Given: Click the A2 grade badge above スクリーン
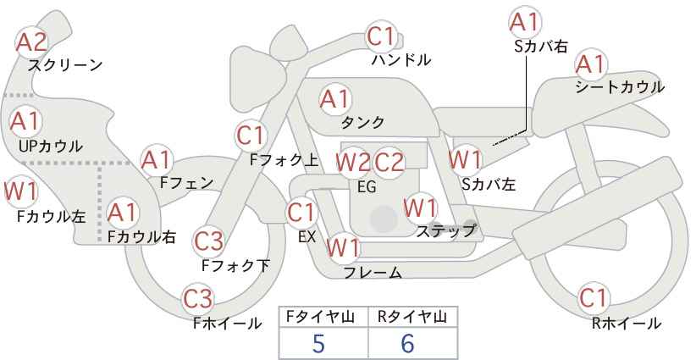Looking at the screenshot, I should (x=32, y=42).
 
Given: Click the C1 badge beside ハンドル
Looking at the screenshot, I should (x=382, y=36).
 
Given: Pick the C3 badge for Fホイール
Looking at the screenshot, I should (x=198, y=299).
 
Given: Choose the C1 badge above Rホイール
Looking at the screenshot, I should (x=594, y=299).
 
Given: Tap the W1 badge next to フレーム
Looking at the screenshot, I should (x=344, y=248).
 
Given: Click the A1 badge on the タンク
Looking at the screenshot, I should (x=335, y=98).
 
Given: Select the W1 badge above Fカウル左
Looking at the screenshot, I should (x=20, y=191).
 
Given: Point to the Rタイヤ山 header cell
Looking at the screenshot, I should (x=412, y=317).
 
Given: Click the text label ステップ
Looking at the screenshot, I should (x=445, y=230).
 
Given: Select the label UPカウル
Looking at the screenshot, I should (x=50, y=146).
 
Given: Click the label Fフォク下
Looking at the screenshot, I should (x=235, y=265).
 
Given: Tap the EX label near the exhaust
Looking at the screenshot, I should (x=307, y=237).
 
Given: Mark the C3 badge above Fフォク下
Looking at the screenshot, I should (x=208, y=241).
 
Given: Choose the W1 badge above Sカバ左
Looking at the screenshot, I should (x=466, y=158).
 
